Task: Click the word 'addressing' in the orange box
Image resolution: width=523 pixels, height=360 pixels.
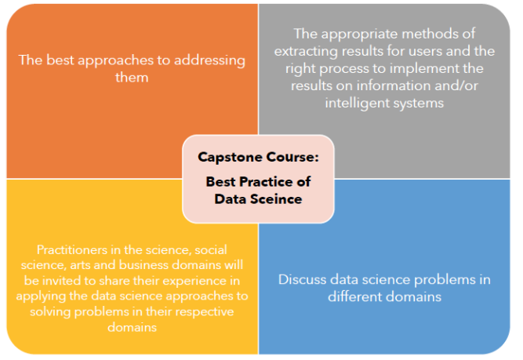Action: pos(209,61)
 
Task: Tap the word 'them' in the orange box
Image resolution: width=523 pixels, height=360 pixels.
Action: pos(132,78)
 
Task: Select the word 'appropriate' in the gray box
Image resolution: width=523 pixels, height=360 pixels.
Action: pos(360,35)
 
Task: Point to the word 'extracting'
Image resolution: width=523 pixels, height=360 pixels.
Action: pos(306,52)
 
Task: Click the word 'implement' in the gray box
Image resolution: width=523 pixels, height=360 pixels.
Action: pos(423,69)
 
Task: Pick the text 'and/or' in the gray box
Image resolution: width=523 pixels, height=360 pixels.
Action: pos(456,85)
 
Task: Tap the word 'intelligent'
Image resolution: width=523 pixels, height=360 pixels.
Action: pos(358,103)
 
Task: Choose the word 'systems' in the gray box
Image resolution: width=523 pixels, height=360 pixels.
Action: pos(419,104)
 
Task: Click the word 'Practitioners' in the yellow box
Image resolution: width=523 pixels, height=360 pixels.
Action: pos(71,249)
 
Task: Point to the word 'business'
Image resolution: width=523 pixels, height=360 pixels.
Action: pos(143,265)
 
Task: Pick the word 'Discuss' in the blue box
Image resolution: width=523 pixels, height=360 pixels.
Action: pos(302,279)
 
